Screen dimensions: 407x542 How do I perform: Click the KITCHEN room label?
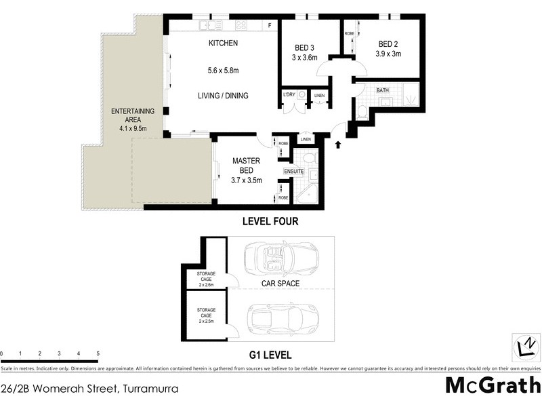[223, 43]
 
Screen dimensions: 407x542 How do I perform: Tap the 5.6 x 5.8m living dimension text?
[223, 70]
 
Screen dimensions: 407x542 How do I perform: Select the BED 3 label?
[304, 47]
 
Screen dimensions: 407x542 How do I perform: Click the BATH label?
[383, 90]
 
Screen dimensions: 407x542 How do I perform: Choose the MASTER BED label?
[246, 166]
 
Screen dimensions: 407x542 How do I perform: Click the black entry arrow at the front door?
[337, 144]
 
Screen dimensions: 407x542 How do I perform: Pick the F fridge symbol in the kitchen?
[270, 26]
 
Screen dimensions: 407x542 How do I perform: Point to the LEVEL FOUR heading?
[270, 222]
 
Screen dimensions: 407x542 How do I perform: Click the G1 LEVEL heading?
[270, 355]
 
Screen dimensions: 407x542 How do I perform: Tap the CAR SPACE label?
[281, 284]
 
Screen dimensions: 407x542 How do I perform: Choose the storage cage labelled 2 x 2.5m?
[206, 315]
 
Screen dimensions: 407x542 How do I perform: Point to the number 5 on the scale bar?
[98, 354]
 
